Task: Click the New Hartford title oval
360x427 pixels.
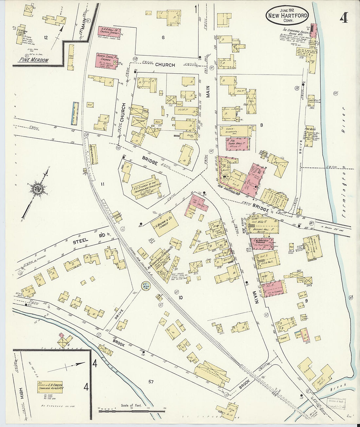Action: pyautogui.click(x=287, y=15)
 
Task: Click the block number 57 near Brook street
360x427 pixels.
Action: pyautogui.click(x=151, y=382)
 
